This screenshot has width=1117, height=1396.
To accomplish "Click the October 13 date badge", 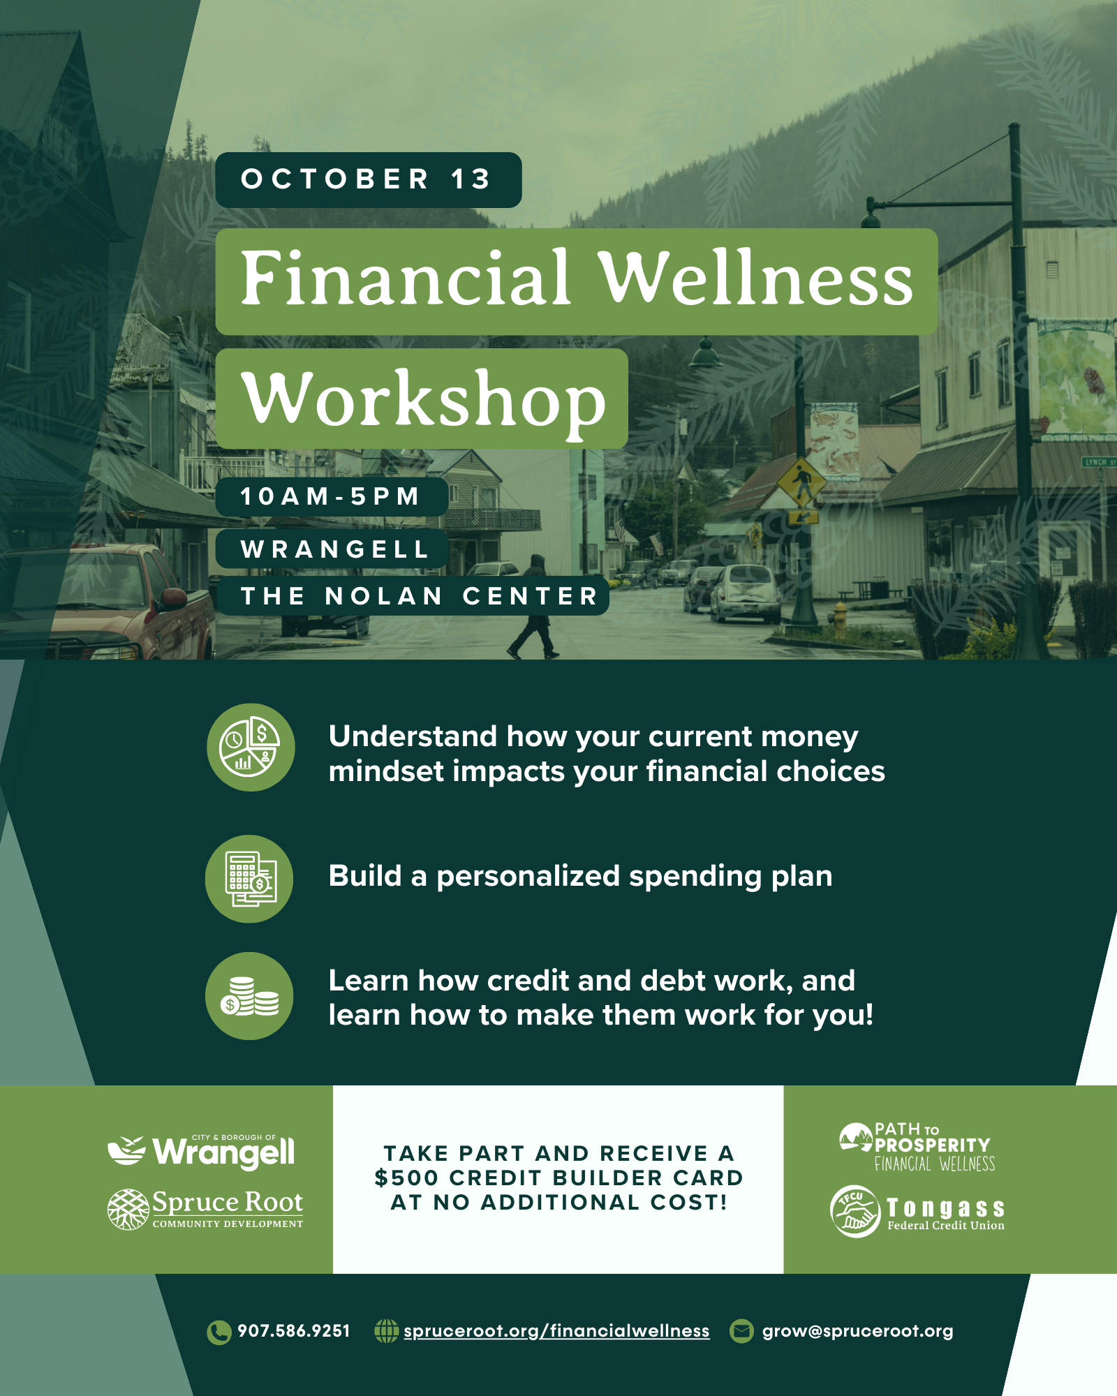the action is [x=368, y=179].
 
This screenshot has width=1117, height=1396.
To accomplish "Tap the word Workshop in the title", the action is [x=423, y=399].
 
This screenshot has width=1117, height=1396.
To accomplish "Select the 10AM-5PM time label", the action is [x=332, y=496].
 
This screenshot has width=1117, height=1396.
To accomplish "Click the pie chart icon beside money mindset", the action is [x=251, y=747].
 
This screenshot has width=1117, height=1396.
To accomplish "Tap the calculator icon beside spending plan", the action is [x=249, y=879].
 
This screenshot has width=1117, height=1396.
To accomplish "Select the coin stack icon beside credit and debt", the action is [x=249, y=996].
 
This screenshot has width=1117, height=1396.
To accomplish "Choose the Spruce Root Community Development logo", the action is [x=205, y=1209].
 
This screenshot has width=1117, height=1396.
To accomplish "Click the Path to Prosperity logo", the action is [x=917, y=1146].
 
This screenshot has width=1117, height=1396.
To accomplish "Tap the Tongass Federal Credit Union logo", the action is [x=917, y=1211].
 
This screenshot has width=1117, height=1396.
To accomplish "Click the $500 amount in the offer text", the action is [x=407, y=1178].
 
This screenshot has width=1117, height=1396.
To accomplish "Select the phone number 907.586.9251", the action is [x=293, y=1331].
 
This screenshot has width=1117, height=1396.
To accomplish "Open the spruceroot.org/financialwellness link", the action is [x=556, y=1331].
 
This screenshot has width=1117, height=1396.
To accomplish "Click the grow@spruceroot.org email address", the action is [x=857, y=1331].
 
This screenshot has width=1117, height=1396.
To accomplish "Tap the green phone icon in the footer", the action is [x=219, y=1332].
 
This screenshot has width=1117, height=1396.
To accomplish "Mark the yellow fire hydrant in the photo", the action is [x=841, y=618].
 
